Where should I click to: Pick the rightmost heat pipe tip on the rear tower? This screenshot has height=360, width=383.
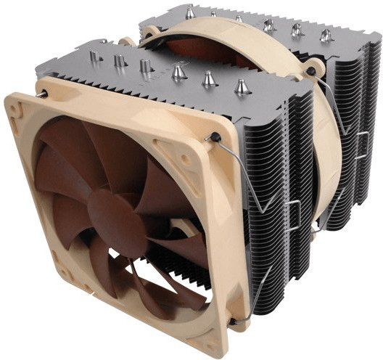(326, 33)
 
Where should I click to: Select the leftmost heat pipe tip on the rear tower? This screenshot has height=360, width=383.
(190, 10)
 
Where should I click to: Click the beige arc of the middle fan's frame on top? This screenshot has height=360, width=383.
(218, 29)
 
